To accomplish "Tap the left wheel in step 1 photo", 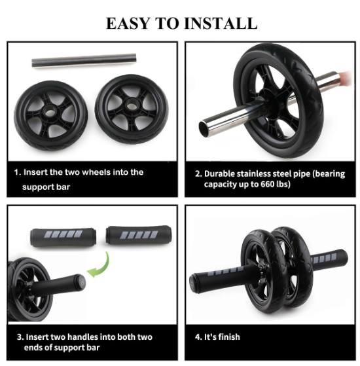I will [x=52, y=111].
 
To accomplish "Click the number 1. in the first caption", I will [x=18, y=172].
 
